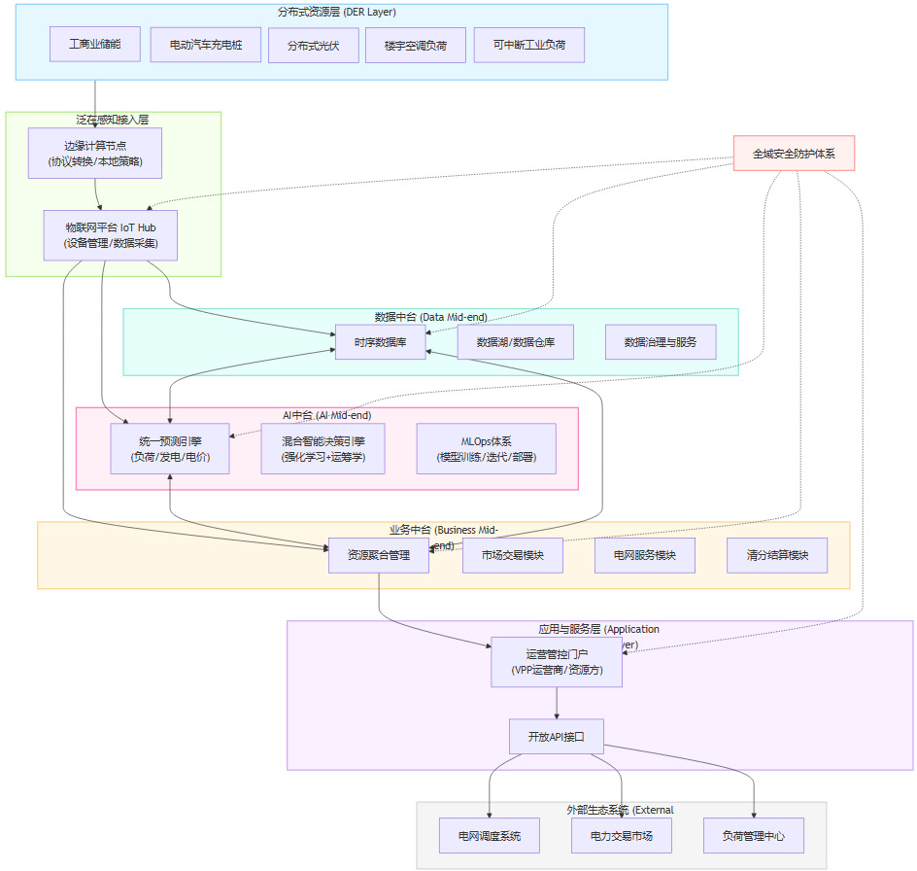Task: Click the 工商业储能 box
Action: (95, 45)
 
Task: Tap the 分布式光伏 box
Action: (313, 45)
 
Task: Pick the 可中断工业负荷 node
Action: (529, 45)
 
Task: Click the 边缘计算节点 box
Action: (95, 153)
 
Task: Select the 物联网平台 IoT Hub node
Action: (111, 235)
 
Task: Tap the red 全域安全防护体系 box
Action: (794, 153)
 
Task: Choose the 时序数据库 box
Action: (381, 342)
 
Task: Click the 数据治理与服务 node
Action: (661, 342)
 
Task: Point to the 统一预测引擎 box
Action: (170, 448)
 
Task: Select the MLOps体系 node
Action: (487, 448)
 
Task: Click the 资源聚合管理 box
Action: (378, 555)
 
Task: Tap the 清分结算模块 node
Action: (777, 555)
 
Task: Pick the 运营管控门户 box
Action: (557, 662)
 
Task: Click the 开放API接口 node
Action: (557, 736)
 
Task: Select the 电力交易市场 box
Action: (621, 835)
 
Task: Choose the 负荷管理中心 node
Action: (754, 835)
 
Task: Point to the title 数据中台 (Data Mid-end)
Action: (430, 317)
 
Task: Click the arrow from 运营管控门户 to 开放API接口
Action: (557, 703)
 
